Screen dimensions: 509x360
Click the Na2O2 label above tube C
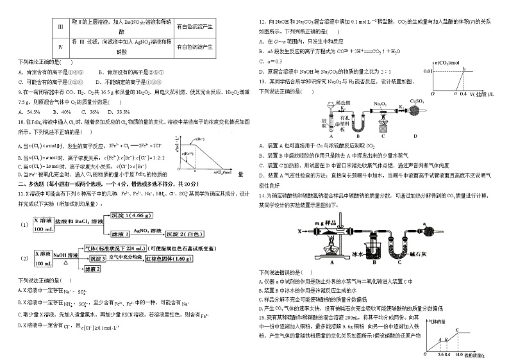(380, 102)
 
